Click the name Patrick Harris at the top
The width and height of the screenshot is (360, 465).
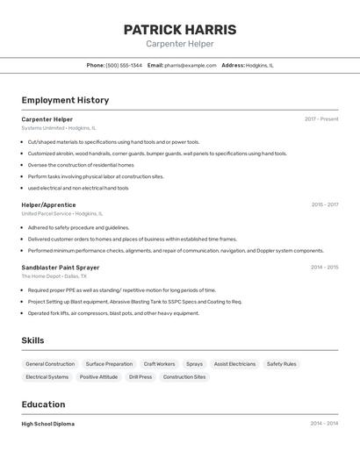179,29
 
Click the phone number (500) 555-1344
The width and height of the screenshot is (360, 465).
123,65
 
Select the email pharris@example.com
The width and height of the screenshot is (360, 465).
190,65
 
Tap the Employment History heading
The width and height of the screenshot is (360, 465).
65,100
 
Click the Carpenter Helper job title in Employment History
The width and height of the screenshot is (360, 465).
47,118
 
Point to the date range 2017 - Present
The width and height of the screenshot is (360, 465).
321,118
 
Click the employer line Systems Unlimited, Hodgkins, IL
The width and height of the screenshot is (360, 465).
59,128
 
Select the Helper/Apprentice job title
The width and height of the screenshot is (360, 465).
48,204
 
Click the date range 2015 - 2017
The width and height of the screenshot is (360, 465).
324,204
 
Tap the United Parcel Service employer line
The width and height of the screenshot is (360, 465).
61,213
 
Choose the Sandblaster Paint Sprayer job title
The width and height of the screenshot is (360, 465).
61,267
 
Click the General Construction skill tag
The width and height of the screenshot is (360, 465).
50,363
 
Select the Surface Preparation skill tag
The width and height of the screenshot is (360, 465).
109,363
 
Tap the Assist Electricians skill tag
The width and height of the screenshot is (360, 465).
234,363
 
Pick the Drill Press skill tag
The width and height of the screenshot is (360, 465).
140,376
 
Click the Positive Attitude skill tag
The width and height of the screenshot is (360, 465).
98,376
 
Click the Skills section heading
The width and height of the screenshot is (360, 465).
32,340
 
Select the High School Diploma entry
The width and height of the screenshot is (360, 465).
47,423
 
